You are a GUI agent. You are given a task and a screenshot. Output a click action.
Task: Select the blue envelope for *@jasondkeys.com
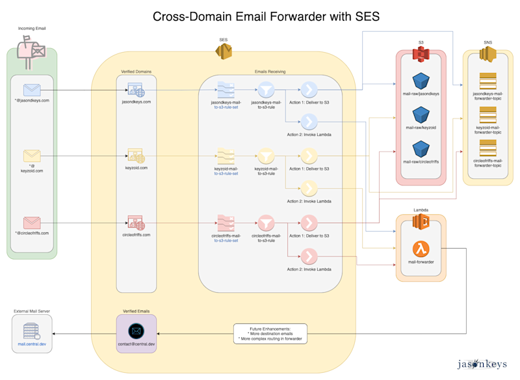coord(32,90)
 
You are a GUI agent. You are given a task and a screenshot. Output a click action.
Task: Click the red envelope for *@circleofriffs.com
coord(32,223)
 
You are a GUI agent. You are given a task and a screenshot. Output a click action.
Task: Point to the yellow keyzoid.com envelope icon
coord(32,156)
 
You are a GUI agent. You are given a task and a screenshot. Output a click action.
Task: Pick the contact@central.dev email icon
coord(135,330)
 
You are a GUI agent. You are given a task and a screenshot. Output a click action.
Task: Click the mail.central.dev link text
coord(32,344)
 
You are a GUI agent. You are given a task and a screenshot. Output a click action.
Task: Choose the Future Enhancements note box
coord(270,334)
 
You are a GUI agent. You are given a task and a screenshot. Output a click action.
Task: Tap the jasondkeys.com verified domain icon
coord(136,90)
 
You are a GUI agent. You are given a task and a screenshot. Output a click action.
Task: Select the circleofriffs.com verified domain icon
coord(136,223)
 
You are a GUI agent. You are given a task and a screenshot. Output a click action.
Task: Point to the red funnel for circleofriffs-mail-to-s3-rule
coord(265,223)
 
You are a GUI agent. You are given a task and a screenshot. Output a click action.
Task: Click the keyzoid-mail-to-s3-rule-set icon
coord(226,156)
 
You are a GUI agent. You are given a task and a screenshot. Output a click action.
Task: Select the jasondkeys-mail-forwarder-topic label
coord(487,96)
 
